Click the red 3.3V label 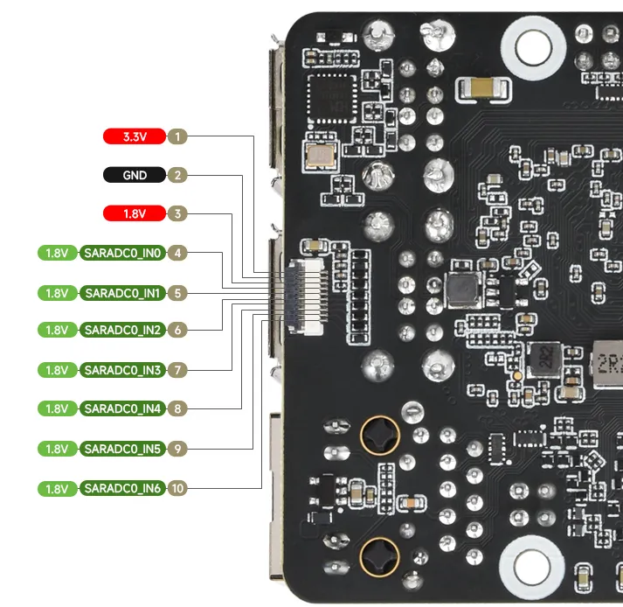(135, 136)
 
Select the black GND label (135, 175)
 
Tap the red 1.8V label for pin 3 (135, 213)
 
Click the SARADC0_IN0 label (122, 253)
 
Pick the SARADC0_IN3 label (122, 370)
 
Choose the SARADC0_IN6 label (122, 488)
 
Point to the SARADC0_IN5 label (122, 449)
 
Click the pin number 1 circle (177, 136)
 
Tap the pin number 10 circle (177, 488)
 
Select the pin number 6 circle (177, 330)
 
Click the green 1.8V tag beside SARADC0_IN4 (57, 408)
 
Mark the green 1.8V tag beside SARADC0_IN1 (57, 293)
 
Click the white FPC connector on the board (305, 297)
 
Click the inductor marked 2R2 (545, 359)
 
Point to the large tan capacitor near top (482, 88)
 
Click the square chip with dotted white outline (333, 98)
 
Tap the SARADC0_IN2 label (122, 330)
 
